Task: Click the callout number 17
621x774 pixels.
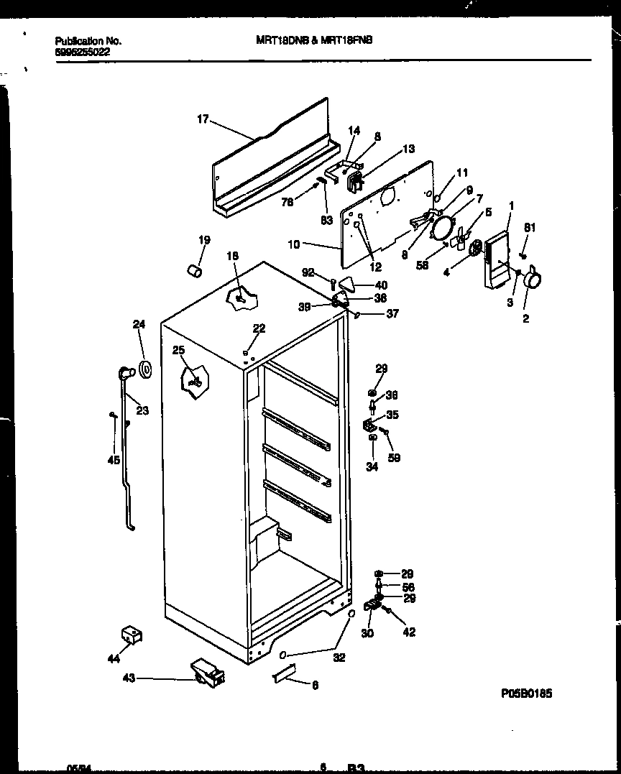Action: pos(203,119)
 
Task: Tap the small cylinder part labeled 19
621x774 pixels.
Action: pos(193,269)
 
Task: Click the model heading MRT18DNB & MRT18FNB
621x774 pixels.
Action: pos(314,41)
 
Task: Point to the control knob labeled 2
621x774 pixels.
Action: pos(531,280)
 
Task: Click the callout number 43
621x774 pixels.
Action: pos(129,678)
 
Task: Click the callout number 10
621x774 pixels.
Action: pos(293,244)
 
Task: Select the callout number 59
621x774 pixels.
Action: pos(394,457)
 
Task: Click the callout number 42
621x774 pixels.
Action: pos(409,632)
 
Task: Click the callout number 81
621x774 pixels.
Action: pos(530,228)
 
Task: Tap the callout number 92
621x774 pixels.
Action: pos(308,273)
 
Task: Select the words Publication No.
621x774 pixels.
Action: pos(88,41)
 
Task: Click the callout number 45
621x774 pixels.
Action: pos(114,461)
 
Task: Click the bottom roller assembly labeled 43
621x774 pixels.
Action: pos(207,673)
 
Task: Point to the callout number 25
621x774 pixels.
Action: pos(178,350)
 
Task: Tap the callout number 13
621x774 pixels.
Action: pos(408,149)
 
